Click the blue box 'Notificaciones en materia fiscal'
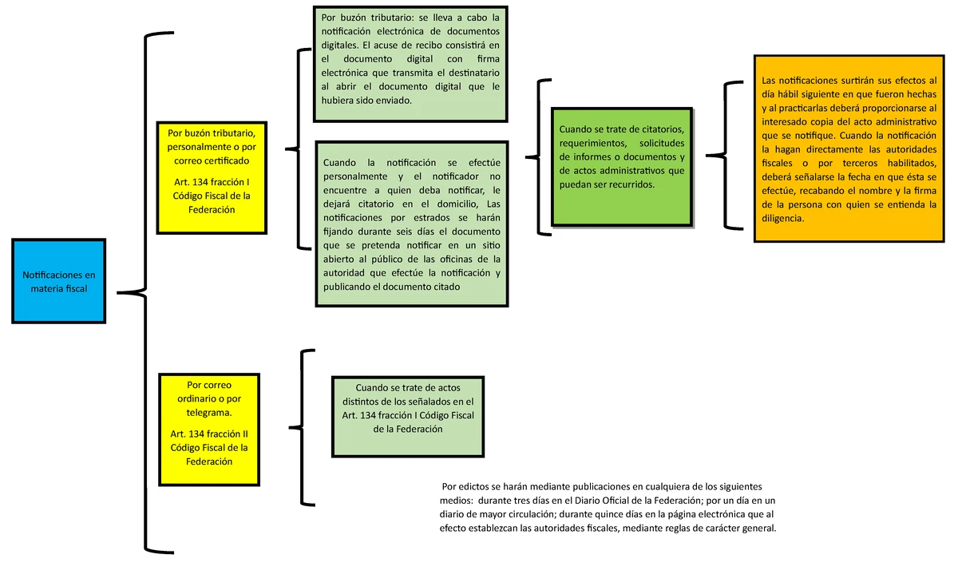[58, 281]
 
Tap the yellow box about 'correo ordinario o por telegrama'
[208, 429]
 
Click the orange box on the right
[849, 148]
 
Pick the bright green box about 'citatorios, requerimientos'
[622, 166]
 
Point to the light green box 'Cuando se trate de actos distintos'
[408, 416]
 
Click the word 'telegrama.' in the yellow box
[208, 413]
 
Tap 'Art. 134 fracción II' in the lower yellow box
[209, 434]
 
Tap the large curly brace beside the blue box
[144, 293]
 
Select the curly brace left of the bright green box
[540, 156]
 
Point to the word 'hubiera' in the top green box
[340, 101]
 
